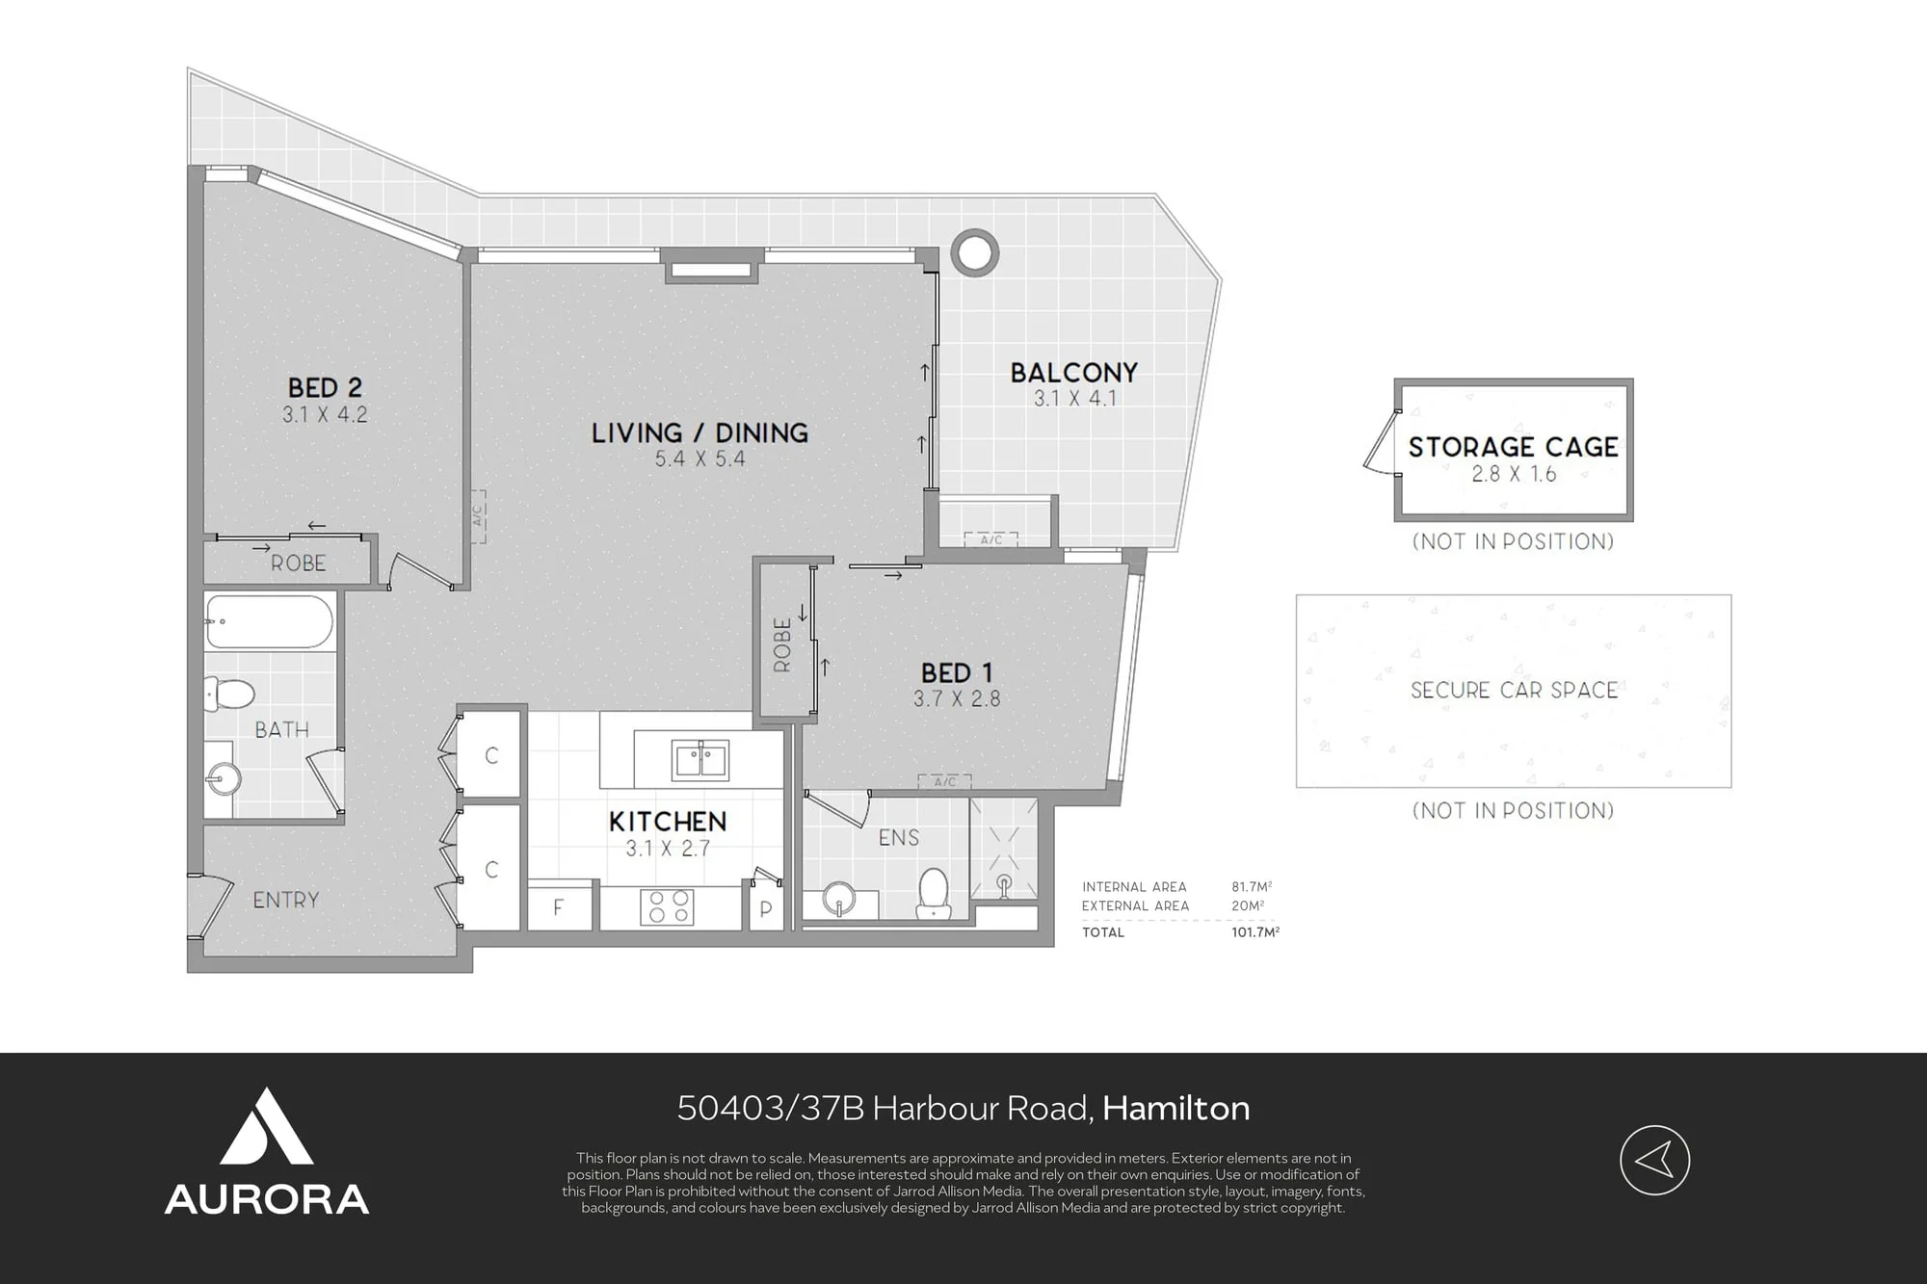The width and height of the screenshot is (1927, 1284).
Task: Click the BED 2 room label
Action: click(x=325, y=387)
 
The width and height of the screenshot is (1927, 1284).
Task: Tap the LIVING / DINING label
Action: click(x=700, y=432)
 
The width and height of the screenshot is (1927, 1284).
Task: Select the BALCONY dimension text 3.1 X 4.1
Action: click(x=1074, y=398)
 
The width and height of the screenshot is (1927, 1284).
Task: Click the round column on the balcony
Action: click(x=974, y=252)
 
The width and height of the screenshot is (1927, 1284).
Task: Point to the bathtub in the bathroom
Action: click(x=270, y=621)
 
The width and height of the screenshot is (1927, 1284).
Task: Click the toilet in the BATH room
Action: click(x=229, y=692)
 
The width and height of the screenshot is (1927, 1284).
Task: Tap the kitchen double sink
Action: click(x=700, y=759)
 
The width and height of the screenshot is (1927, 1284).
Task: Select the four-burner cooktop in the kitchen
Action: click(x=667, y=906)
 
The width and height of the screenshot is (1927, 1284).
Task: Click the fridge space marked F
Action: click(x=558, y=908)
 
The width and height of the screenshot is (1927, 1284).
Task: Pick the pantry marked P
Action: click(x=766, y=908)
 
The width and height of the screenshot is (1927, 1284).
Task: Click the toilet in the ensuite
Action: click(x=933, y=894)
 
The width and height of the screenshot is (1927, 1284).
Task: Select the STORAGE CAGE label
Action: click(x=1513, y=447)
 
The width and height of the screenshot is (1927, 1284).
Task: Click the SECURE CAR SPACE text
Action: click(x=1514, y=690)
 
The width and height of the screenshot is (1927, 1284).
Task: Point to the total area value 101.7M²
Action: click(x=1255, y=932)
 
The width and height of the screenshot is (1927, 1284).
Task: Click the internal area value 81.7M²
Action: click(x=1252, y=887)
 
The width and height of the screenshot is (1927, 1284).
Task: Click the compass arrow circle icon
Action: click(x=1654, y=1161)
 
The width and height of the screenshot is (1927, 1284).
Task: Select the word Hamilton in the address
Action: click(x=1176, y=1109)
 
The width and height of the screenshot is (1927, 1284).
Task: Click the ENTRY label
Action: click(x=285, y=900)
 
